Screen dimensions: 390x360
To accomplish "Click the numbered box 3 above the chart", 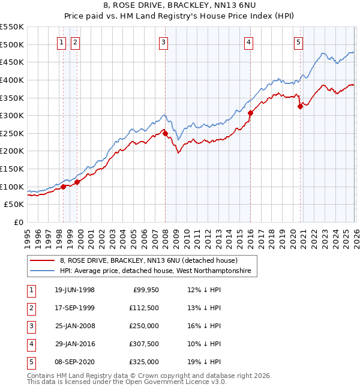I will coord(164,42).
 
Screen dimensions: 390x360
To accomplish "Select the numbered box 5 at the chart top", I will coord(298,42).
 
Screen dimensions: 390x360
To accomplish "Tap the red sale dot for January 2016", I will coord(250,113).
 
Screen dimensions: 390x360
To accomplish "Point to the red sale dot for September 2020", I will coord(299,107).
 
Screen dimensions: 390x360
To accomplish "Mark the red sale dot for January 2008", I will coord(165,134).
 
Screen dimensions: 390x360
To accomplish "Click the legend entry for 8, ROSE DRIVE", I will coord(149,260).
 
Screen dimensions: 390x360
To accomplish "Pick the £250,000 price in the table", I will coord(144,326).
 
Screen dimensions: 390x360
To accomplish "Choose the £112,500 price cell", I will coord(144,308).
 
